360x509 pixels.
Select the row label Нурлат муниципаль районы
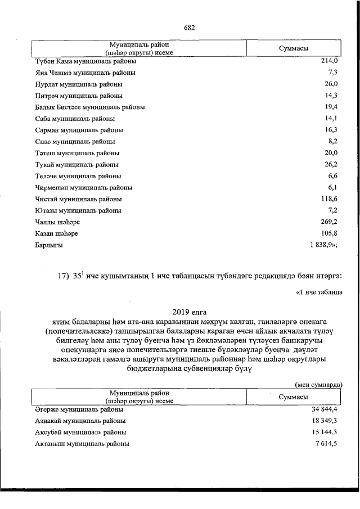coord(78,84)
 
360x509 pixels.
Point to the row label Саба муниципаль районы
coord(75,119)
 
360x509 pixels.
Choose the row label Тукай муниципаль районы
coord(76,165)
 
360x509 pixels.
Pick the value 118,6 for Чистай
coord(328,199)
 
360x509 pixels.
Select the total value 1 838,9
coord(323,245)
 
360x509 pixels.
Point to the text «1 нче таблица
coord(318,292)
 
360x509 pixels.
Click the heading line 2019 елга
coord(189,311)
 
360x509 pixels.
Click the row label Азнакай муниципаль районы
coord(80,420)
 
